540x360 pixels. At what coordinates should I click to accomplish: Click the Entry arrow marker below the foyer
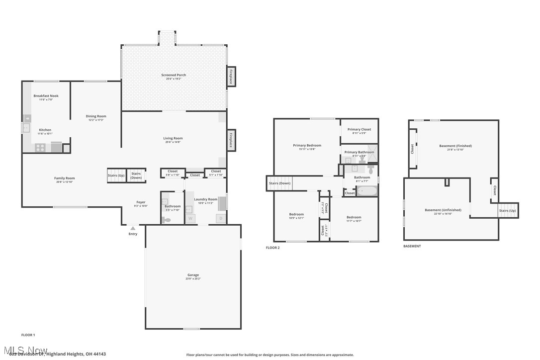point(133,228)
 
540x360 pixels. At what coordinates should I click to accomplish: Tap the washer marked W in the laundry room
point(190,218)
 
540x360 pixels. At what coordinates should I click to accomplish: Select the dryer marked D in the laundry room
point(220,218)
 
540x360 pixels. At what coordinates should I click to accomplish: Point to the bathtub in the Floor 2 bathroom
point(367,191)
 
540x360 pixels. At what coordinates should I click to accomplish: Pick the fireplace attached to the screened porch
point(231,76)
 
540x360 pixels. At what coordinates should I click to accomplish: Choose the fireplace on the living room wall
point(231,140)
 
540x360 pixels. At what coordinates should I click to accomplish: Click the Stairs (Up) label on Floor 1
point(116,176)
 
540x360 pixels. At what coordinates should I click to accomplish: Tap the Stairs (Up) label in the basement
point(507,211)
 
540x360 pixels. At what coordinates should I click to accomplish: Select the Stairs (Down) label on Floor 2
point(279,183)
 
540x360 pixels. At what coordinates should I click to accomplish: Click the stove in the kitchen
point(40,147)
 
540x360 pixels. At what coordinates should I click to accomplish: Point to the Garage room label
point(193,275)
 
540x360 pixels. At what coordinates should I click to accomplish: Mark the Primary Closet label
point(359,129)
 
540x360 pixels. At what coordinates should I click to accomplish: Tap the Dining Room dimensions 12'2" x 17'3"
point(95,120)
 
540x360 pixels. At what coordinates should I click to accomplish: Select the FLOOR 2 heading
point(272,248)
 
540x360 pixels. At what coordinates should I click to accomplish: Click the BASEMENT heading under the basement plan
point(412,246)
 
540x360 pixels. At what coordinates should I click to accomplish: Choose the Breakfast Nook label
point(46,95)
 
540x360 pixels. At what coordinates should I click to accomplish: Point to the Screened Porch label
point(174,75)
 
